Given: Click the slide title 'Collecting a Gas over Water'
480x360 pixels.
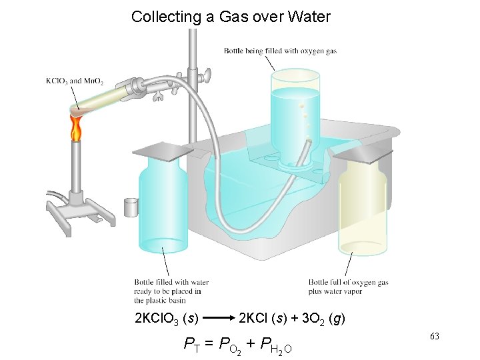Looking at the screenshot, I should (x=231, y=17).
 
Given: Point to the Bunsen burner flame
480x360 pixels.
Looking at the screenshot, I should (x=76, y=128).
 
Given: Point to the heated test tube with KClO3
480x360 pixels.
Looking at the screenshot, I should (x=100, y=97).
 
